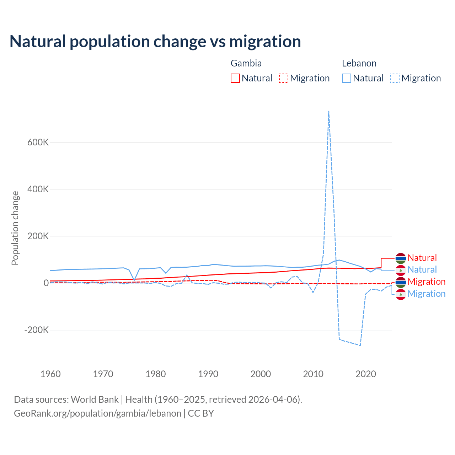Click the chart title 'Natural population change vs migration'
[x=155, y=41]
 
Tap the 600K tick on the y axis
[x=38, y=142]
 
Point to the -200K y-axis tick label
[x=36, y=330]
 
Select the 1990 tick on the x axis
[x=208, y=374]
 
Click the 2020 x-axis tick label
[x=366, y=374]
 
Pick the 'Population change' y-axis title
[x=15, y=228]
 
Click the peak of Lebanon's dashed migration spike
[x=329, y=111]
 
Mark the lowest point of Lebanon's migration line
[x=360, y=345]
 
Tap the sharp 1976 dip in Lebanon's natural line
[x=134, y=280]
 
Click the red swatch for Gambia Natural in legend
[x=235, y=78]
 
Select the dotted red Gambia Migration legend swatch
[x=284, y=78]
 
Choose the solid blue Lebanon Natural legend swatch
[x=347, y=78]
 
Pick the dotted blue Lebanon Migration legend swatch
[x=395, y=78]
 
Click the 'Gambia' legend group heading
[x=246, y=63]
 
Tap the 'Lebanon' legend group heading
[x=359, y=63]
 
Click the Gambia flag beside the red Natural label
[x=401, y=258]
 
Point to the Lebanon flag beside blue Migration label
[x=401, y=294]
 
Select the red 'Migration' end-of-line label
[x=427, y=282]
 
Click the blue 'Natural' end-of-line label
[x=422, y=269]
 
